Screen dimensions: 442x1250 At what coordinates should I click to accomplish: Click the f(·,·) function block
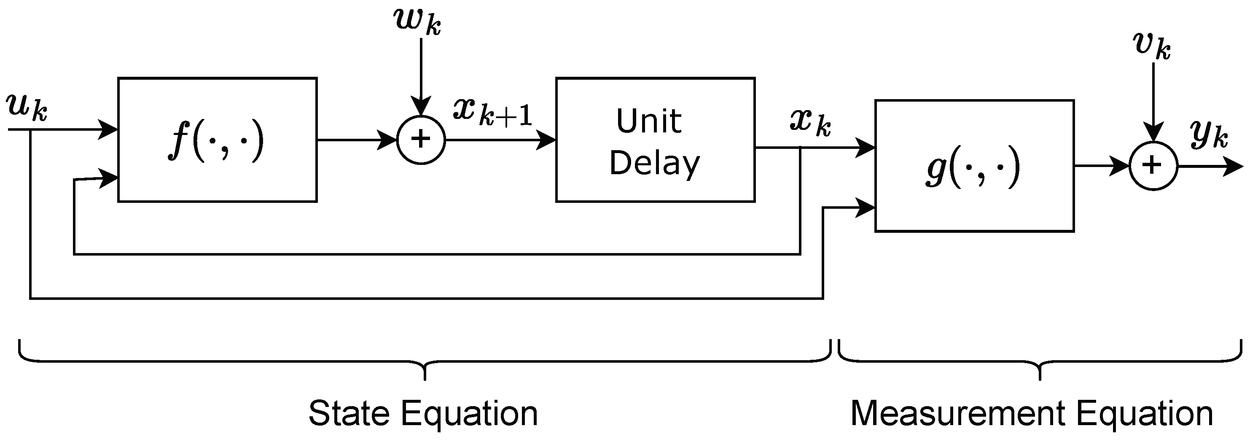coord(218,140)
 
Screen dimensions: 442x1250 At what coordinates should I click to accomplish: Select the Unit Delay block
coord(655,140)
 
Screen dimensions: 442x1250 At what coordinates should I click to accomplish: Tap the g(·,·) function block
coord(974,166)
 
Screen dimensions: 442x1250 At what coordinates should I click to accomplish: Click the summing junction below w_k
coord(421,140)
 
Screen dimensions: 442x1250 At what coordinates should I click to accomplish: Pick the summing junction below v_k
coord(1153,166)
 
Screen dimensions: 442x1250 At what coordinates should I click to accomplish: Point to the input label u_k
coord(27,108)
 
